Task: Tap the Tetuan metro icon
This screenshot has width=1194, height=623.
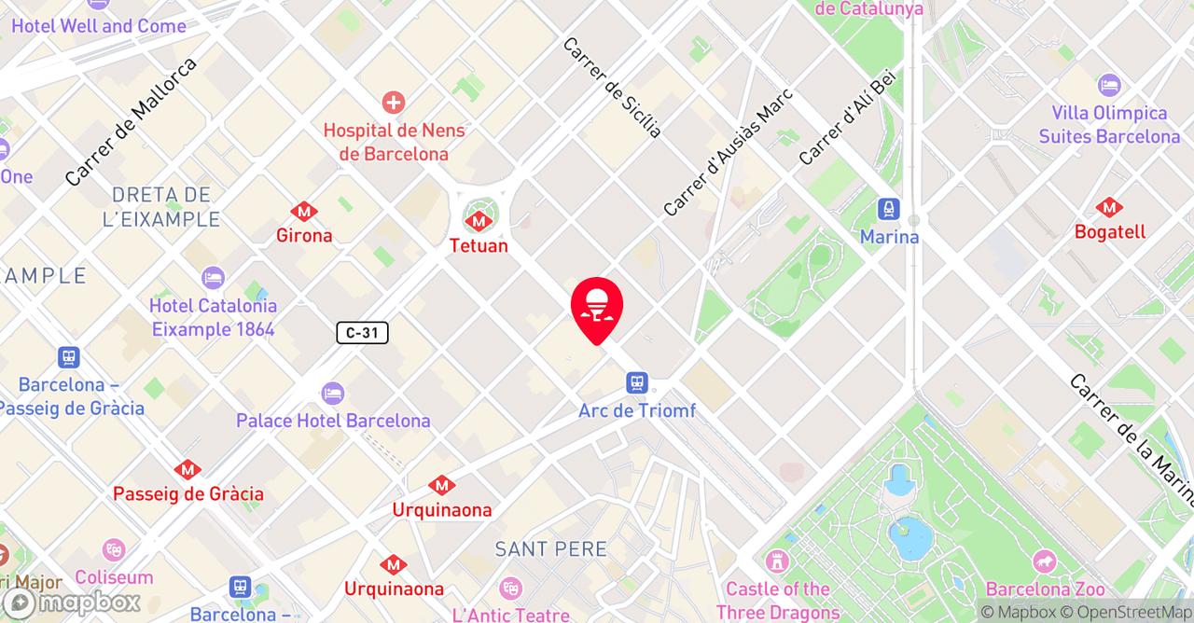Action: point(479,220)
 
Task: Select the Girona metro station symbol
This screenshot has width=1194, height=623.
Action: point(303,212)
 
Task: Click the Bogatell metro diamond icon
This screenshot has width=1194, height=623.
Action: point(1109,207)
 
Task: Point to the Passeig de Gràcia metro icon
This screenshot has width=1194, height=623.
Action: point(187,469)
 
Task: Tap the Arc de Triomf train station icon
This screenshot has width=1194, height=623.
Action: point(637,382)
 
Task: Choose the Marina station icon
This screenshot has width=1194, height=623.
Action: point(889,209)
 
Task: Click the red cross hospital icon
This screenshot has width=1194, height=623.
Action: point(394,103)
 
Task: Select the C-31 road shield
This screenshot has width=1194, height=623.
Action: point(362,332)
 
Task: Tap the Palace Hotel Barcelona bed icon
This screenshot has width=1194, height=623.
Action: point(332,394)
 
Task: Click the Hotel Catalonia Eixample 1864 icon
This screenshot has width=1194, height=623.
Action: point(213,278)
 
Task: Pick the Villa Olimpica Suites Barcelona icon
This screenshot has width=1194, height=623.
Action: point(1109,86)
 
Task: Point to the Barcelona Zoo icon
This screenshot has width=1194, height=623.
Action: point(1045,562)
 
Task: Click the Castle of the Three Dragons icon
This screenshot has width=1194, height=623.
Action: point(777,561)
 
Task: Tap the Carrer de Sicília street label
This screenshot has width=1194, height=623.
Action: point(612,88)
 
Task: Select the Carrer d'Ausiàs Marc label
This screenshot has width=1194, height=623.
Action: point(728,152)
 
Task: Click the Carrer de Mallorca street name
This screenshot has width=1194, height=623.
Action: point(131,121)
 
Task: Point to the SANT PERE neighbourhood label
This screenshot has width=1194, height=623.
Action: point(551,548)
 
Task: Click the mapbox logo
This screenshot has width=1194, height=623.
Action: point(71,603)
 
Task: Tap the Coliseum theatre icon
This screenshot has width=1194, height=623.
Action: point(114,550)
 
